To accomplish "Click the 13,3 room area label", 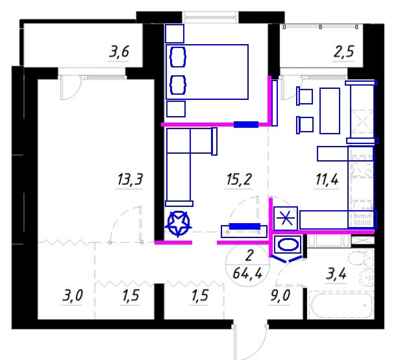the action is pyautogui.click(x=131, y=180).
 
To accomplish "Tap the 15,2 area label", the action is pyautogui.click(x=238, y=180).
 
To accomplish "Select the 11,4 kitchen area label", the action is pyautogui.click(x=327, y=180).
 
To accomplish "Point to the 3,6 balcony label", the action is pyautogui.click(x=119, y=51).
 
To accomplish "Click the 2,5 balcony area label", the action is pyautogui.click(x=343, y=52).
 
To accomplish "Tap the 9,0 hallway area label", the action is pyautogui.click(x=280, y=296).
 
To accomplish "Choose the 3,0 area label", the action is pyautogui.click(x=72, y=296).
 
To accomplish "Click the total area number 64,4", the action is pyautogui.click(x=247, y=273).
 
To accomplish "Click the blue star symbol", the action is pyautogui.click(x=178, y=224).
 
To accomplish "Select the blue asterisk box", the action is pyautogui.click(x=286, y=219).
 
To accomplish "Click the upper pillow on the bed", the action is pyautogui.click(x=178, y=57).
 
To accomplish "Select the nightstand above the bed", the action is pyautogui.click(x=175, y=34).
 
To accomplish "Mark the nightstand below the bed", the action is pyautogui.click(x=176, y=109).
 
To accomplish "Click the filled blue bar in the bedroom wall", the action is pyautogui.click(x=246, y=125).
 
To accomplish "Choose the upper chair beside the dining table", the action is pyautogui.click(x=305, y=96).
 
